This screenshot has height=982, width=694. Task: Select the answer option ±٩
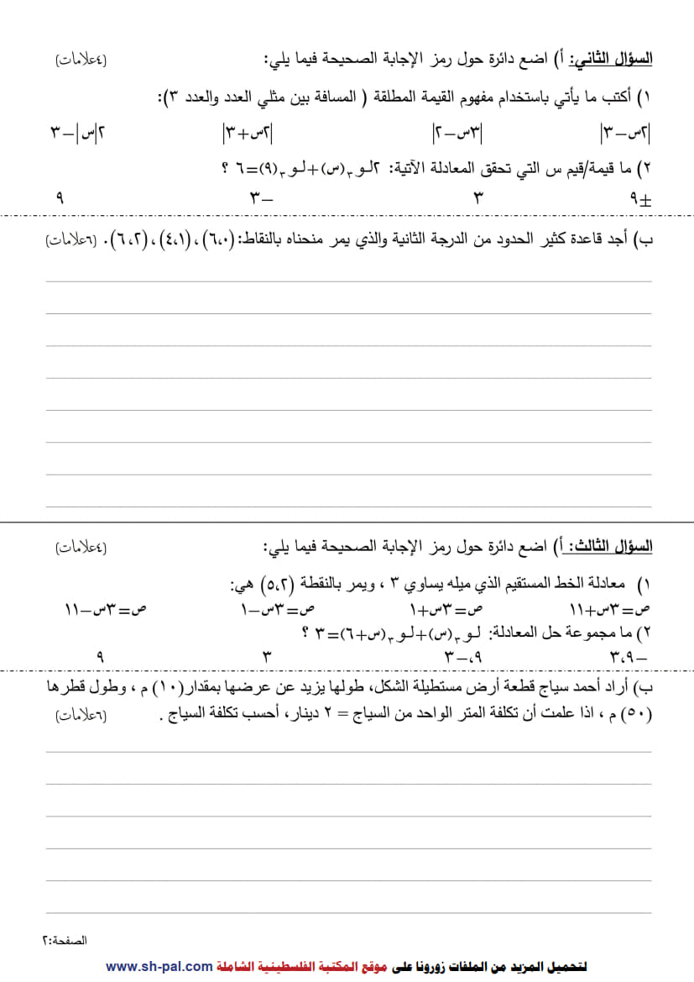[639, 199]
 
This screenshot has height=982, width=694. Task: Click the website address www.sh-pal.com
[159, 966]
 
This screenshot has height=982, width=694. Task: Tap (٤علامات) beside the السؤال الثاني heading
[81, 60]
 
